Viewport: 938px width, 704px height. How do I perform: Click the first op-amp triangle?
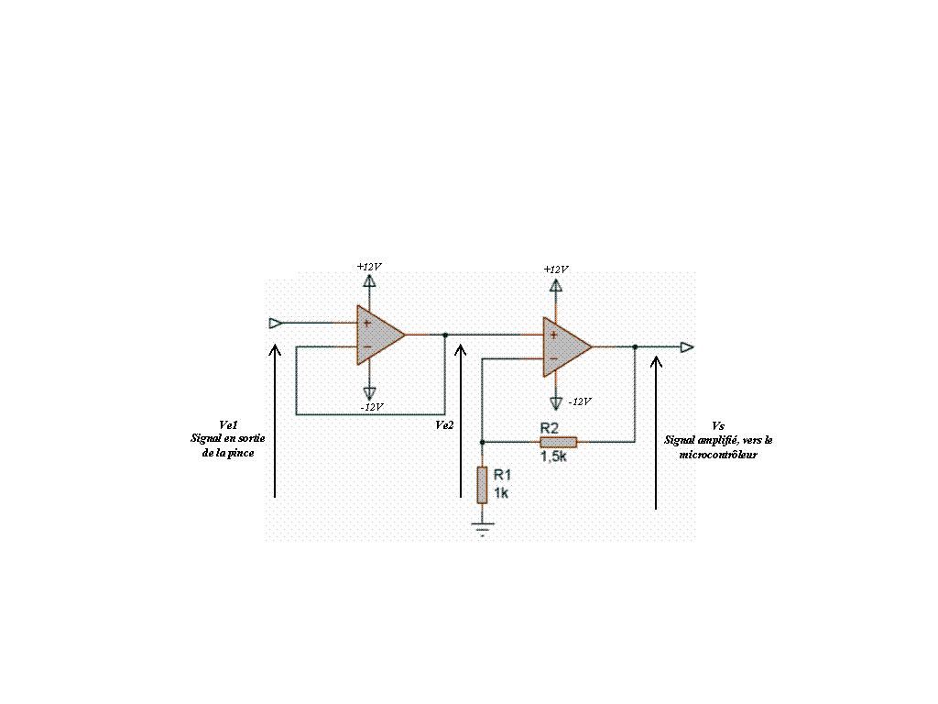[378, 335]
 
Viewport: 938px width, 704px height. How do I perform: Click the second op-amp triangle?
[564, 347]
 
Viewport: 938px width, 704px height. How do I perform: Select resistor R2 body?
[558, 441]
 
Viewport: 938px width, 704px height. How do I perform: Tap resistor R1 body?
[482, 484]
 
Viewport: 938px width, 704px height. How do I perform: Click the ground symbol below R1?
[482, 527]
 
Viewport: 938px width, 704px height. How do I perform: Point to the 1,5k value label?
[553, 456]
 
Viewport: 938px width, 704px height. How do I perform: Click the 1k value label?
[500, 492]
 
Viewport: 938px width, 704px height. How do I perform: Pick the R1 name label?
[502, 475]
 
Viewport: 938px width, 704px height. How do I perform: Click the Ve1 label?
[229, 424]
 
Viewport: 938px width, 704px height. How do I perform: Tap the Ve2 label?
[444, 424]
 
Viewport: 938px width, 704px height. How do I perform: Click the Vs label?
[717, 426]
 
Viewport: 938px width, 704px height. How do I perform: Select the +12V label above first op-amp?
[369, 266]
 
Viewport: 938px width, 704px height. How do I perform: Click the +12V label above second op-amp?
[555, 269]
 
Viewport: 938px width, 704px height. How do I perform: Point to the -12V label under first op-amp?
[371, 406]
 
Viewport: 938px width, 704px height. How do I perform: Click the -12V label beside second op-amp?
[579, 401]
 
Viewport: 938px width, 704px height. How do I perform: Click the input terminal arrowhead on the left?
[275, 323]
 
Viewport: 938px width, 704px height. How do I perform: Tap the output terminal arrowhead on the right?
[687, 347]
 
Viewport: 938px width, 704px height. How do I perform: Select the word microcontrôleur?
[718, 454]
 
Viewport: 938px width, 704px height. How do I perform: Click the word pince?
[241, 453]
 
